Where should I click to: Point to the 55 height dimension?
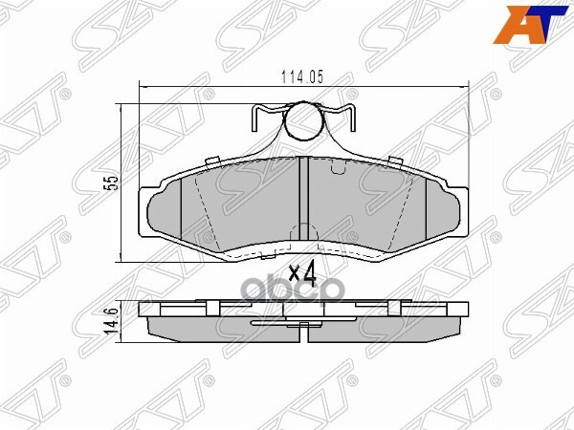click(x=111, y=182)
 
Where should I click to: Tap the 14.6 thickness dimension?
click(x=111, y=317)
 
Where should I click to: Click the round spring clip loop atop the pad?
click(x=304, y=121)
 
